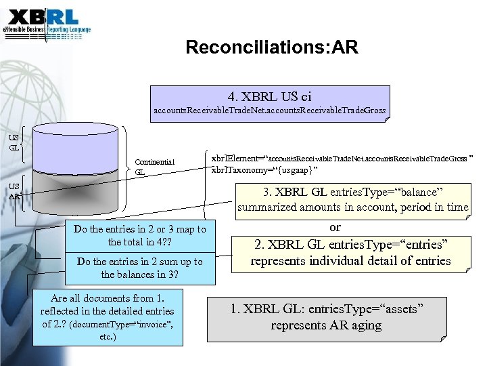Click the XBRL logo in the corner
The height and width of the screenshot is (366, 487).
coord(47,24)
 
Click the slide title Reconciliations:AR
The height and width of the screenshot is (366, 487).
coord(271,47)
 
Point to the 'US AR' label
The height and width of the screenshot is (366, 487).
coord(14,190)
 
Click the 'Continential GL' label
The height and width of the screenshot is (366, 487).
coord(154,167)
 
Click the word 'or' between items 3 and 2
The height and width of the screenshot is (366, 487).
coord(335,227)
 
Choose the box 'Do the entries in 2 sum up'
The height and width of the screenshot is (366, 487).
coord(140,268)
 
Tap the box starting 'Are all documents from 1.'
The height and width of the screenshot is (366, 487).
coord(108,317)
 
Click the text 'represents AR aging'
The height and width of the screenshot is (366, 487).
coord(327,325)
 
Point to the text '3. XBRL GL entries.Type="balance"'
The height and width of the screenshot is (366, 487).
coord(353,192)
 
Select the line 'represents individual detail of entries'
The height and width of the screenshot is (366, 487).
coord(350,260)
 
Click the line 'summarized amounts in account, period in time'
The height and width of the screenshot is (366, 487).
coord(353,207)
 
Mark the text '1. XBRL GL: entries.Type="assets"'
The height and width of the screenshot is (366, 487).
coord(327,309)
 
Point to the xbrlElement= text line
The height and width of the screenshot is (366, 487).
coord(342,157)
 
